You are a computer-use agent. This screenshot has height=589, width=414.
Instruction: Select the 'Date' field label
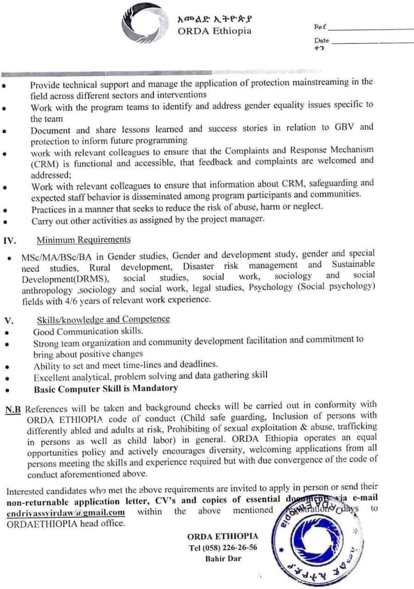pyautogui.click(x=322, y=41)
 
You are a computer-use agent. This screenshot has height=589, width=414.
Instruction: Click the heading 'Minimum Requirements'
pyautogui.click(x=83, y=239)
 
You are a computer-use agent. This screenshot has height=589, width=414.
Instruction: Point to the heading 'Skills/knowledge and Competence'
pyautogui.click(x=103, y=319)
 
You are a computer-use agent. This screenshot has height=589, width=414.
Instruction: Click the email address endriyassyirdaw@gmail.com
pyautogui.click(x=66, y=513)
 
